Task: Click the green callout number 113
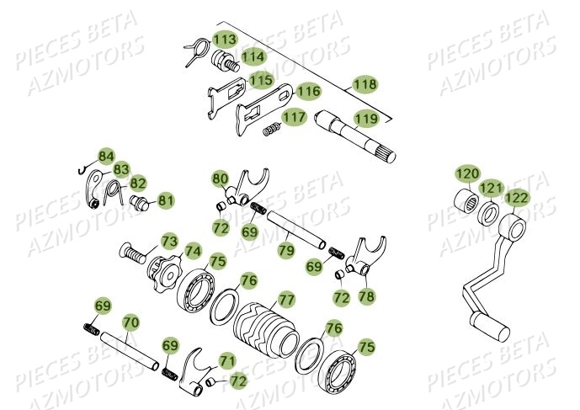[224, 40]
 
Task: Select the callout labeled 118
[364, 84]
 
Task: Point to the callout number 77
[286, 299]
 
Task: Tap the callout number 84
[105, 156]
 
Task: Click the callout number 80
[220, 178]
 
